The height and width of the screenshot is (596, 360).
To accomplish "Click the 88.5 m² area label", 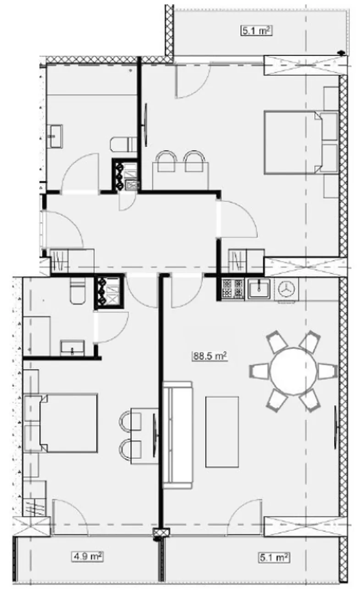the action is pyautogui.click(x=210, y=356).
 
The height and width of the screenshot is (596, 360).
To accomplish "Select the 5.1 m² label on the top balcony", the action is pyautogui.click(x=256, y=30).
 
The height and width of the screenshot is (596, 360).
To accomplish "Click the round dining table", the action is pyautogui.click(x=294, y=371).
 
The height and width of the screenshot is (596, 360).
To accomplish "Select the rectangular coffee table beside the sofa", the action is pyautogui.click(x=222, y=431).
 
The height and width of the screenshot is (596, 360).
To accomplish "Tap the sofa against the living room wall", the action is pyautogui.click(x=177, y=435).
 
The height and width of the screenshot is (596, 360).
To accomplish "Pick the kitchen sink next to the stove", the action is pyautogui.click(x=259, y=288).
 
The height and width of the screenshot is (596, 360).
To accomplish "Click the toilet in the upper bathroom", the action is pyautogui.click(x=124, y=144).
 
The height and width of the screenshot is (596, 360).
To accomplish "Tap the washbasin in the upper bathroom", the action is pyautogui.click(x=55, y=136).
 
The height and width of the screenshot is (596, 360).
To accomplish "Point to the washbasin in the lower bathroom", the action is pyautogui.click(x=72, y=348).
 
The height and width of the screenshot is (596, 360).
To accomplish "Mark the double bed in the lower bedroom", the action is pyautogui.click(x=61, y=424).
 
